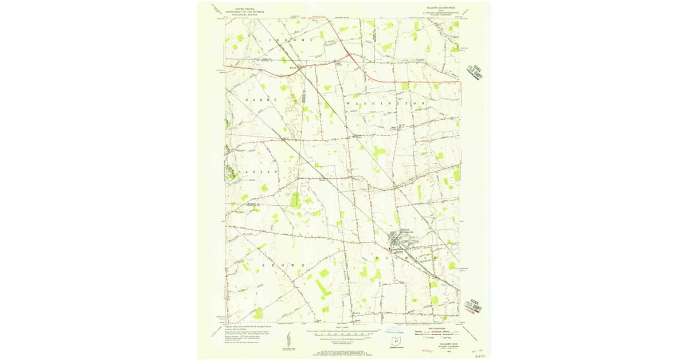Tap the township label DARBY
click(x=261, y=100)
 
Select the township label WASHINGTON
click(x=386, y=103)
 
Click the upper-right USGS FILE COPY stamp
click(x=475, y=70)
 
